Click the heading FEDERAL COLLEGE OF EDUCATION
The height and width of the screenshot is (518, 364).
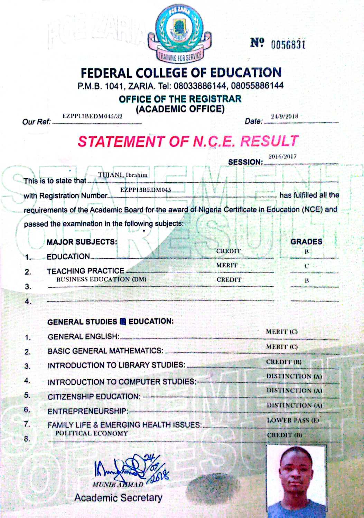tap(181, 73)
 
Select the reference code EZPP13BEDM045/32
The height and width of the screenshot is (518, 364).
tap(92, 116)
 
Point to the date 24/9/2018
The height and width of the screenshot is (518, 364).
tap(284, 116)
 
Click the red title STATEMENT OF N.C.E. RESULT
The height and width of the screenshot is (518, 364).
tap(188, 141)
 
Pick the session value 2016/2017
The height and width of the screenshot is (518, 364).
tap(282, 156)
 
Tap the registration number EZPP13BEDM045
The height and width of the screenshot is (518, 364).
tap(146, 190)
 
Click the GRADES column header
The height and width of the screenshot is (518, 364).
tap(306, 241)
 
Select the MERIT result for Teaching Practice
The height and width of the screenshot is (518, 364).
tap(227, 265)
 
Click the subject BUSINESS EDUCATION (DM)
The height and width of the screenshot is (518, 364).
tap(101, 279)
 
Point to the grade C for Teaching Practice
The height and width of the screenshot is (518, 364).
tap(306, 266)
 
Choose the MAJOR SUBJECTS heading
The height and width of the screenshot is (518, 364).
tap(82, 242)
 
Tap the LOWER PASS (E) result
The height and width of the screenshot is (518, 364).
tap(293, 420)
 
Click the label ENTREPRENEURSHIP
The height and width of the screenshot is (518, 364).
tap(88, 411)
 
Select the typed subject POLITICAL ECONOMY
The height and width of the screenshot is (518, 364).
tap(92, 433)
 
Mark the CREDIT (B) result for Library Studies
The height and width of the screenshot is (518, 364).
tap(284, 362)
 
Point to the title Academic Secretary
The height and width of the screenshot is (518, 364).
tap(118, 498)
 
